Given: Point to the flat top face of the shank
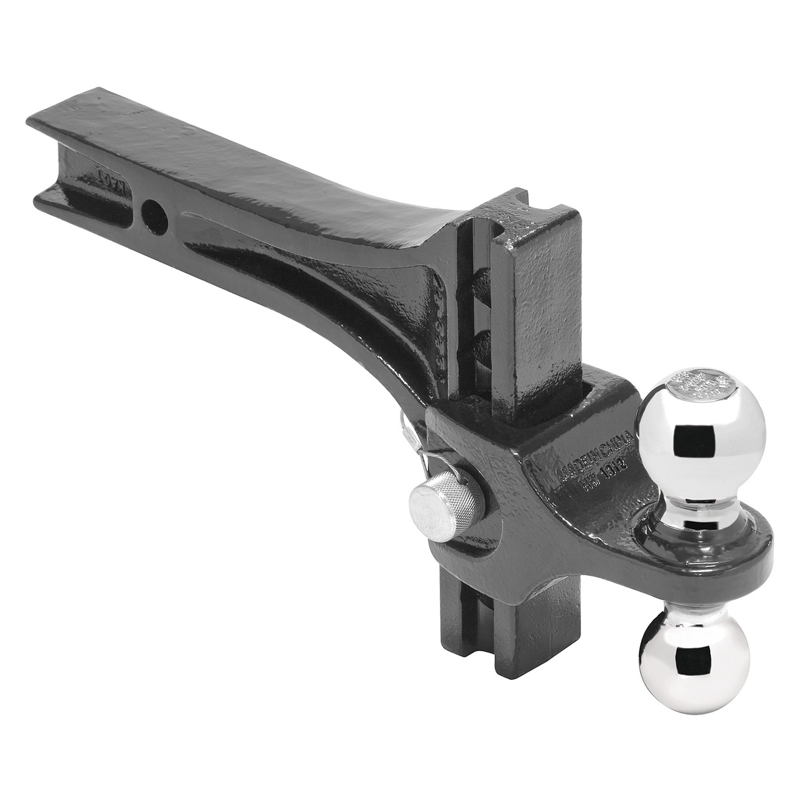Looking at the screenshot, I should pyautogui.click(x=249, y=162).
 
